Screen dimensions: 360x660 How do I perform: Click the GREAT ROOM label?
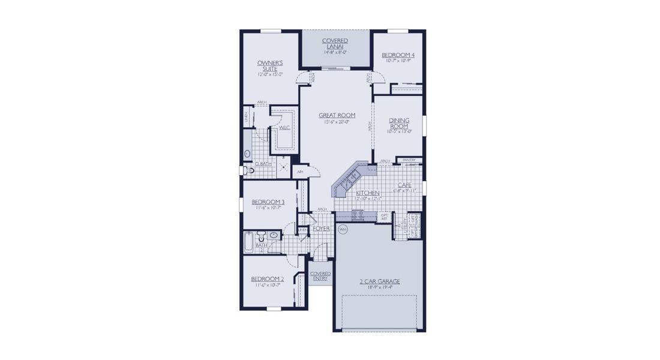(x=336, y=115)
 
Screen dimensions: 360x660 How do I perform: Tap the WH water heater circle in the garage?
(x=343, y=229)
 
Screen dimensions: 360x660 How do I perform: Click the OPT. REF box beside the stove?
(x=385, y=217)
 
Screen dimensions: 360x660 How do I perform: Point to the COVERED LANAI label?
(x=335, y=43)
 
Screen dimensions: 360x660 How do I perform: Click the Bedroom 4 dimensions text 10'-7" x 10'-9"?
(x=398, y=61)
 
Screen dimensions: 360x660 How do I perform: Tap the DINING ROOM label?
(x=399, y=124)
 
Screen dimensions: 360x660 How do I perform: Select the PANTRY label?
(x=409, y=160)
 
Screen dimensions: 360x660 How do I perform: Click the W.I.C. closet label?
(x=284, y=127)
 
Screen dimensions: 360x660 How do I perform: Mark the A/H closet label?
(x=299, y=172)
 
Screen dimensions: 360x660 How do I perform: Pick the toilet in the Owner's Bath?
(x=249, y=170)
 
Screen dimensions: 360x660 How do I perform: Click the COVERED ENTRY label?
(x=320, y=276)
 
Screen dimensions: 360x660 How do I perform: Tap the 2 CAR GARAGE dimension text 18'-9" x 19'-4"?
(x=379, y=287)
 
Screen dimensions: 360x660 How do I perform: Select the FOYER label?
(x=321, y=229)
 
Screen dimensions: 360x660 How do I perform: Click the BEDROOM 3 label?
(x=267, y=202)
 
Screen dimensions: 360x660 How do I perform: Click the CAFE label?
(x=404, y=185)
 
